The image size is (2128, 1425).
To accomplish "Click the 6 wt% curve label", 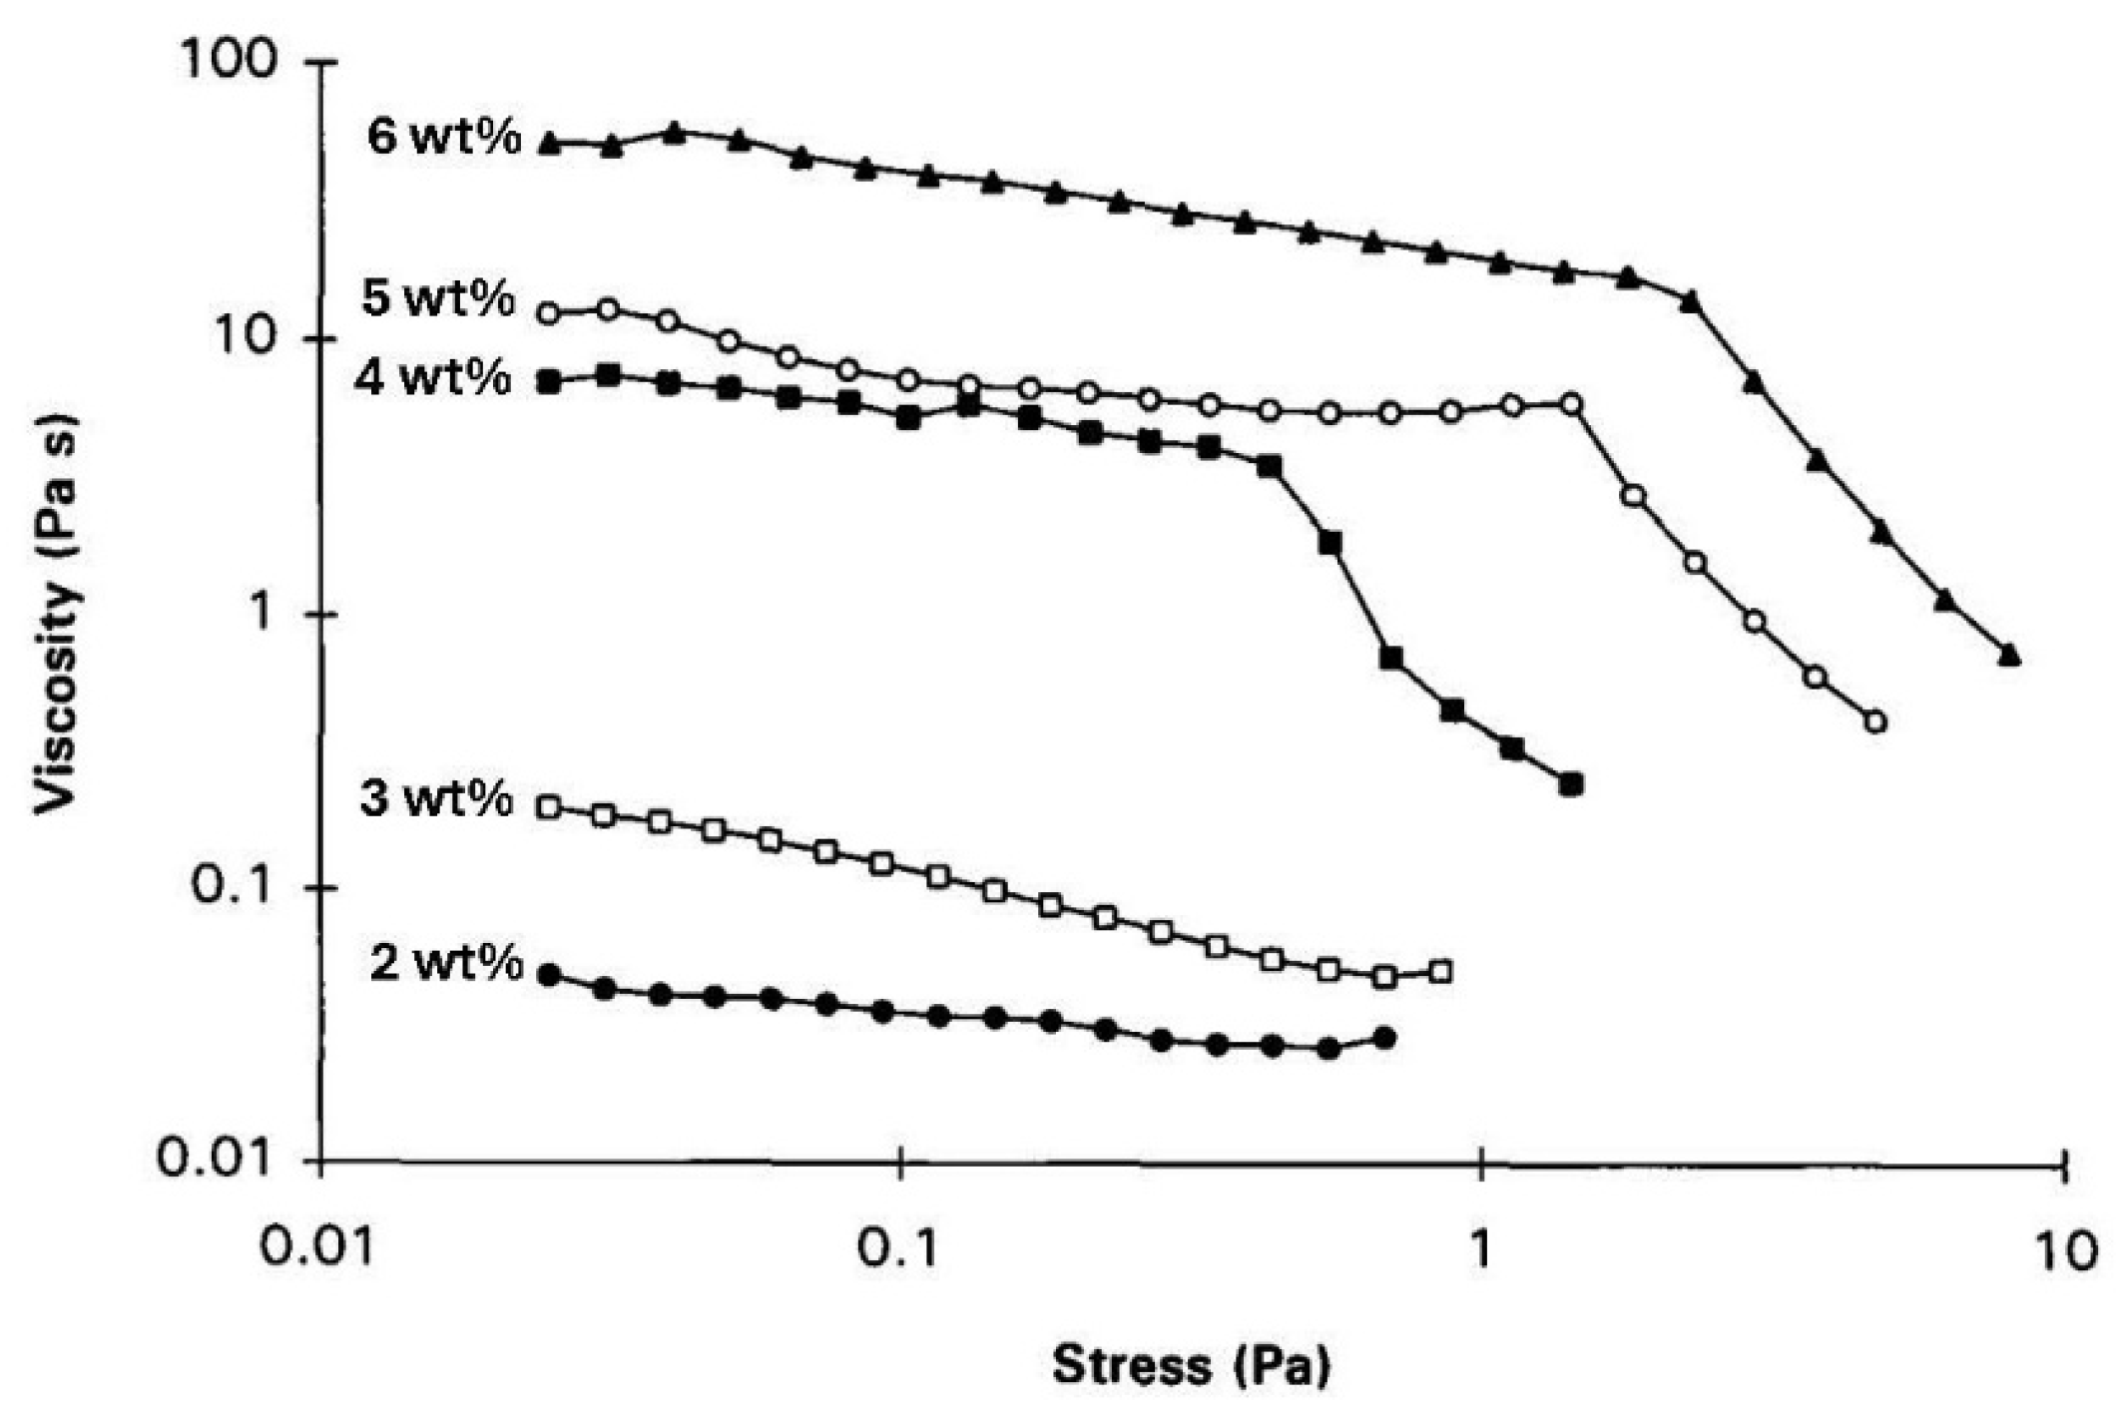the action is [444, 137].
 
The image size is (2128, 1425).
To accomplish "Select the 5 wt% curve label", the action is [439, 298].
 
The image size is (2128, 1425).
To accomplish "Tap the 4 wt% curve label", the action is [433, 378].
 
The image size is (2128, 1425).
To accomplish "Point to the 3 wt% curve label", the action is [437, 799].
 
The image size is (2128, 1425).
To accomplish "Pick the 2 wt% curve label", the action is [446, 963].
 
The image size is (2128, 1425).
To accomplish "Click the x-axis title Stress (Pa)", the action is [1192, 1365].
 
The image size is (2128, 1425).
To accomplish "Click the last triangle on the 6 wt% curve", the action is [2010, 655].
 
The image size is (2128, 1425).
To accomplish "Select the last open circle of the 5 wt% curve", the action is [1875, 721].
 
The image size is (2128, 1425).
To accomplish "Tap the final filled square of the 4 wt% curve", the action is [1572, 784].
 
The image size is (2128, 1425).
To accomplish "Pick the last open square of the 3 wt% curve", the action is [1440, 971].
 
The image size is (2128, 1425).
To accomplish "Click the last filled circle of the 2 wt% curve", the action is [1384, 1039].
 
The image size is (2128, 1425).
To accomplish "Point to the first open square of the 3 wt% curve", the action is [548, 807].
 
